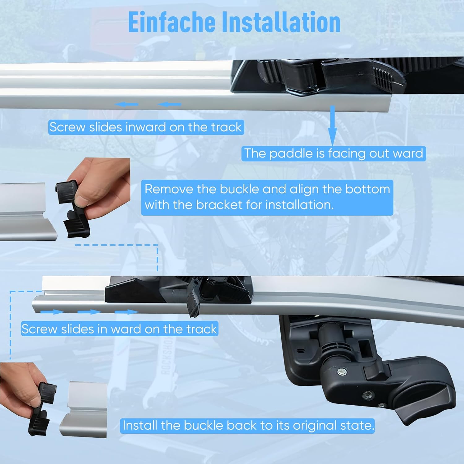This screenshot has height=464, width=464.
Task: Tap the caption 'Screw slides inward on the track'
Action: click(146, 127)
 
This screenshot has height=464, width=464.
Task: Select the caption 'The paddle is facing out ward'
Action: click(333, 153)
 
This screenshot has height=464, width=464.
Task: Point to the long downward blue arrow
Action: click(333, 125)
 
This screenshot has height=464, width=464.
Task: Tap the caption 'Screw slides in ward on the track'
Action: click(119, 329)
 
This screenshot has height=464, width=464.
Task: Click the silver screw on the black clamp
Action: click(342, 372)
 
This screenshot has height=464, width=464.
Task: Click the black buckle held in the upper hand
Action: click(72, 209)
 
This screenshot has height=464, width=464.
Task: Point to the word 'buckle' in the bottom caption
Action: click(204, 425)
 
